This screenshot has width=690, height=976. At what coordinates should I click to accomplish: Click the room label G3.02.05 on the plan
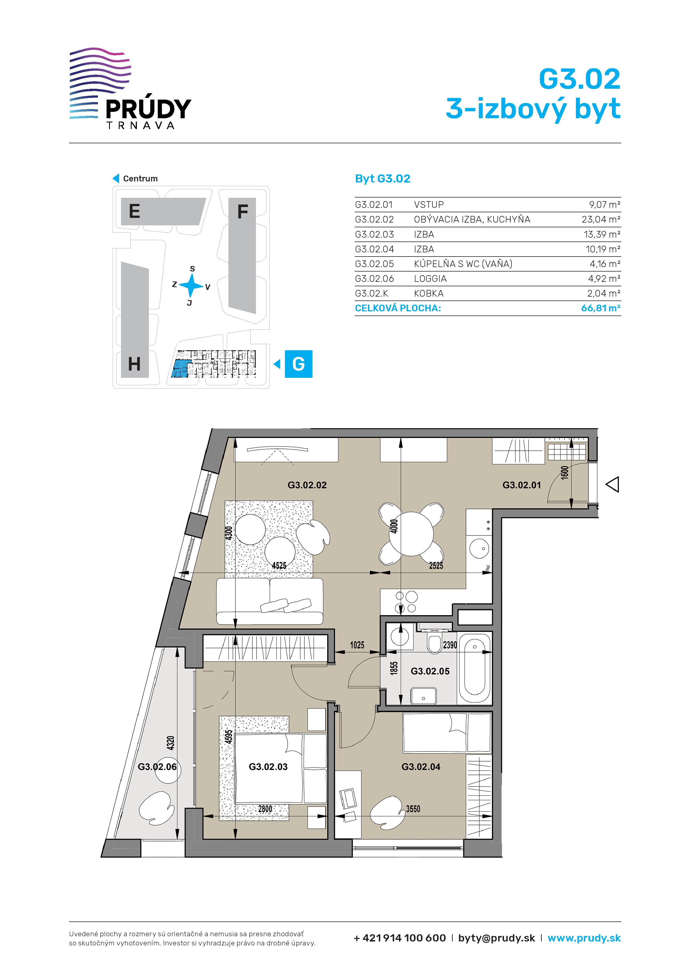click(x=430, y=671)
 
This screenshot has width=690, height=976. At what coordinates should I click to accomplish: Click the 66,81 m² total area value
click(x=601, y=308)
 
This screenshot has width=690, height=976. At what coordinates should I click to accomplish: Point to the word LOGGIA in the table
click(x=430, y=279)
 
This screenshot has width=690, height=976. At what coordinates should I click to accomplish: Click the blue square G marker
click(x=299, y=364)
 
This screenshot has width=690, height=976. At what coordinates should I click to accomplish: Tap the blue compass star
click(x=191, y=285)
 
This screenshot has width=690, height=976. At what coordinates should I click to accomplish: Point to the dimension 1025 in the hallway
click(x=357, y=645)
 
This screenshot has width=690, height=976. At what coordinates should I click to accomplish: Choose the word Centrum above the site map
click(x=140, y=179)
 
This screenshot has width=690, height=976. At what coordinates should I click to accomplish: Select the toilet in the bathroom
click(x=435, y=644)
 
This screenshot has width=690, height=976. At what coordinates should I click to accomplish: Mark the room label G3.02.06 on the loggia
click(x=157, y=767)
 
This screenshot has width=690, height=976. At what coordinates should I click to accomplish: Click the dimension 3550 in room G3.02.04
click(x=413, y=809)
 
